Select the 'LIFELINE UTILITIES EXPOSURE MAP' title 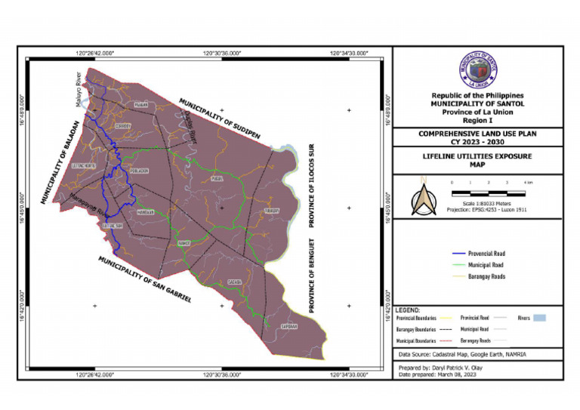pos(477,160)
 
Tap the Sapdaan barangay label pos(289,326)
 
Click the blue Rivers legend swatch pos(538,318)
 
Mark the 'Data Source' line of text pos(463,354)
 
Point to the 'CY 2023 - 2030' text pos(477,140)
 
